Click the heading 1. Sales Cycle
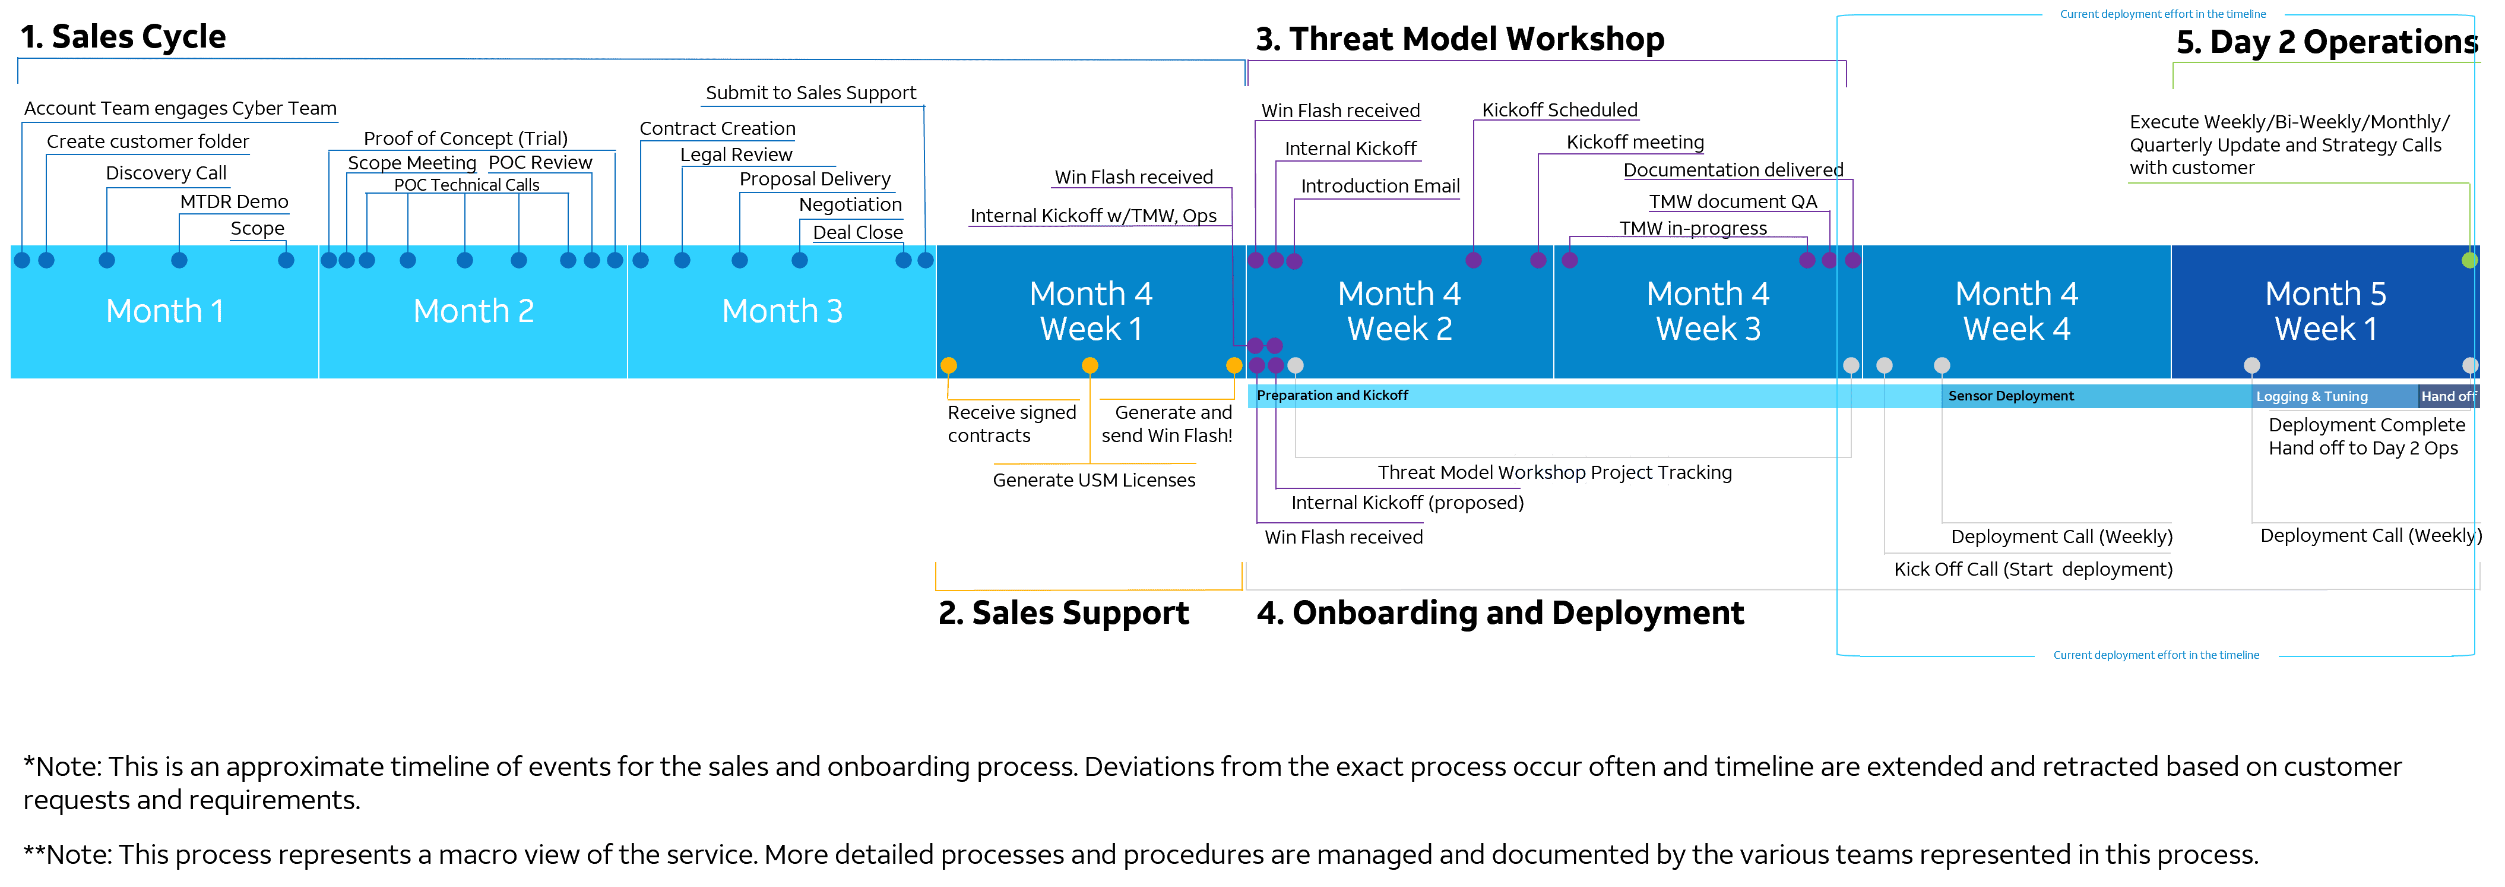click(123, 37)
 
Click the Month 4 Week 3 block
click(1708, 311)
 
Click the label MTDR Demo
click(235, 201)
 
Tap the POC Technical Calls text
click(466, 185)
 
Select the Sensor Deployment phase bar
click(2011, 396)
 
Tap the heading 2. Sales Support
click(1063, 613)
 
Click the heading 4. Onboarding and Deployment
click(1500, 613)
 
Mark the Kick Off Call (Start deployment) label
click(2032, 569)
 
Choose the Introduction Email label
click(1380, 186)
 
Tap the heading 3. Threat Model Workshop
click(1459, 39)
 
